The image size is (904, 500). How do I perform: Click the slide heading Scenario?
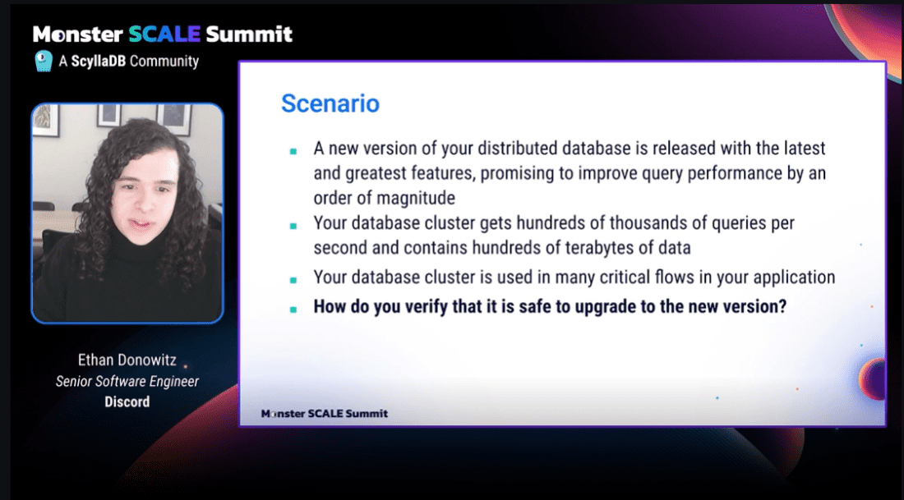click(x=330, y=103)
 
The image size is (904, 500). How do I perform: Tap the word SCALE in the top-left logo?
click(x=164, y=34)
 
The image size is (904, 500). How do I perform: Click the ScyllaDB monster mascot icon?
click(x=44, y=61)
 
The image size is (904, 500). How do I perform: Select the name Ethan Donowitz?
click(x=127, y=360)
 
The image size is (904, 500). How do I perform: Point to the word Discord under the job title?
click(x=127, y=401)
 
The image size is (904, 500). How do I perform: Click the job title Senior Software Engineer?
click(x=127, y=381)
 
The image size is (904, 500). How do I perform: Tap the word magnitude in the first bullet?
click(x=415, y=199)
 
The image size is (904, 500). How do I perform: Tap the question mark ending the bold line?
click(x=782, y=306)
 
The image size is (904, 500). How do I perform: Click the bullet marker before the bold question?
click(x=293, y=310)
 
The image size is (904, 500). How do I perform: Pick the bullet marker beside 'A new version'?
click(x=293, y=152)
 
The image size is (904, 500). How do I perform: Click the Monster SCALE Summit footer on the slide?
click(x=325, y=414)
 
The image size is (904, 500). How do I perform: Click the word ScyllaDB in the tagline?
click(x=98, y=61)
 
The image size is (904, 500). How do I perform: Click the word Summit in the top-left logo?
click(x=249, y=34)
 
